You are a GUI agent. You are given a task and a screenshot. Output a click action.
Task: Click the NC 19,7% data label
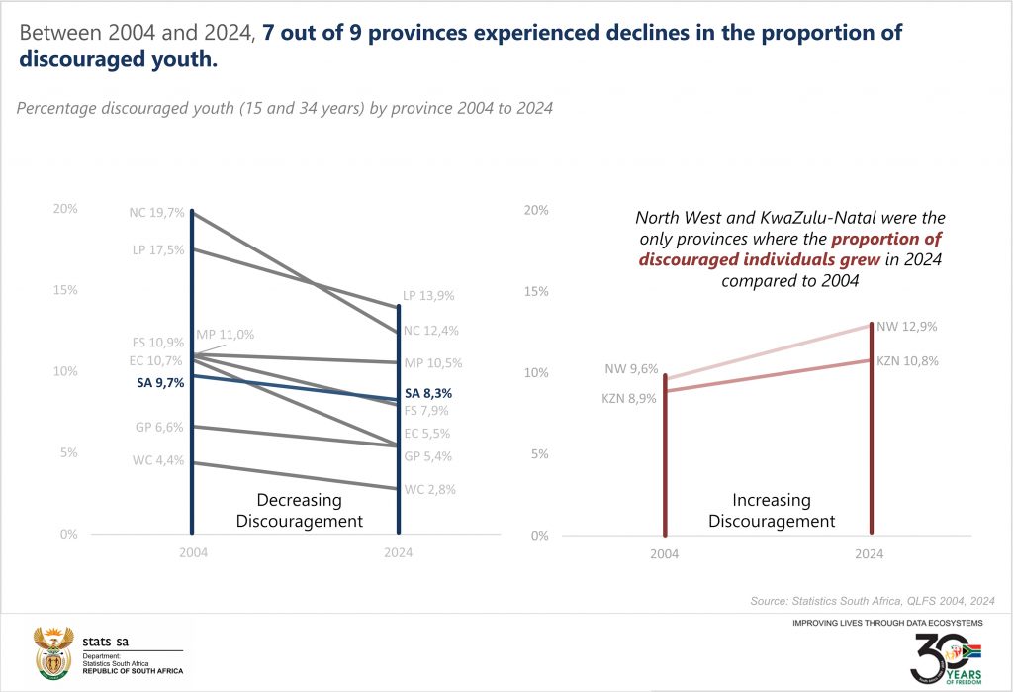156,212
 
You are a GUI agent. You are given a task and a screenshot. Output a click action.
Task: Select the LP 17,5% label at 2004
157,249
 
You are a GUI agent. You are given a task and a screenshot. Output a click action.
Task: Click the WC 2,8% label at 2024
429,489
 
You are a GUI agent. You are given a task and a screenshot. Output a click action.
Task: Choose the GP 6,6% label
158,428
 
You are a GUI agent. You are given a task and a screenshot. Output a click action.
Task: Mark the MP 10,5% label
432,362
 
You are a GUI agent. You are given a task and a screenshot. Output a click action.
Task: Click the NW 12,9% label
906,326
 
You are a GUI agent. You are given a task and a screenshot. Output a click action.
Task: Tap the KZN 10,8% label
907,361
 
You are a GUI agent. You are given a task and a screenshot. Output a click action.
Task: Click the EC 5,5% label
428,433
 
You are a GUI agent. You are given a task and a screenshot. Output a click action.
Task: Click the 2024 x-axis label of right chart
869,554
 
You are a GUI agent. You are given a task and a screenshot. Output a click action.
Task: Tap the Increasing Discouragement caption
772,511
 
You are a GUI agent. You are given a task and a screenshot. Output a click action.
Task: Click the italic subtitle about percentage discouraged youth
284,108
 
